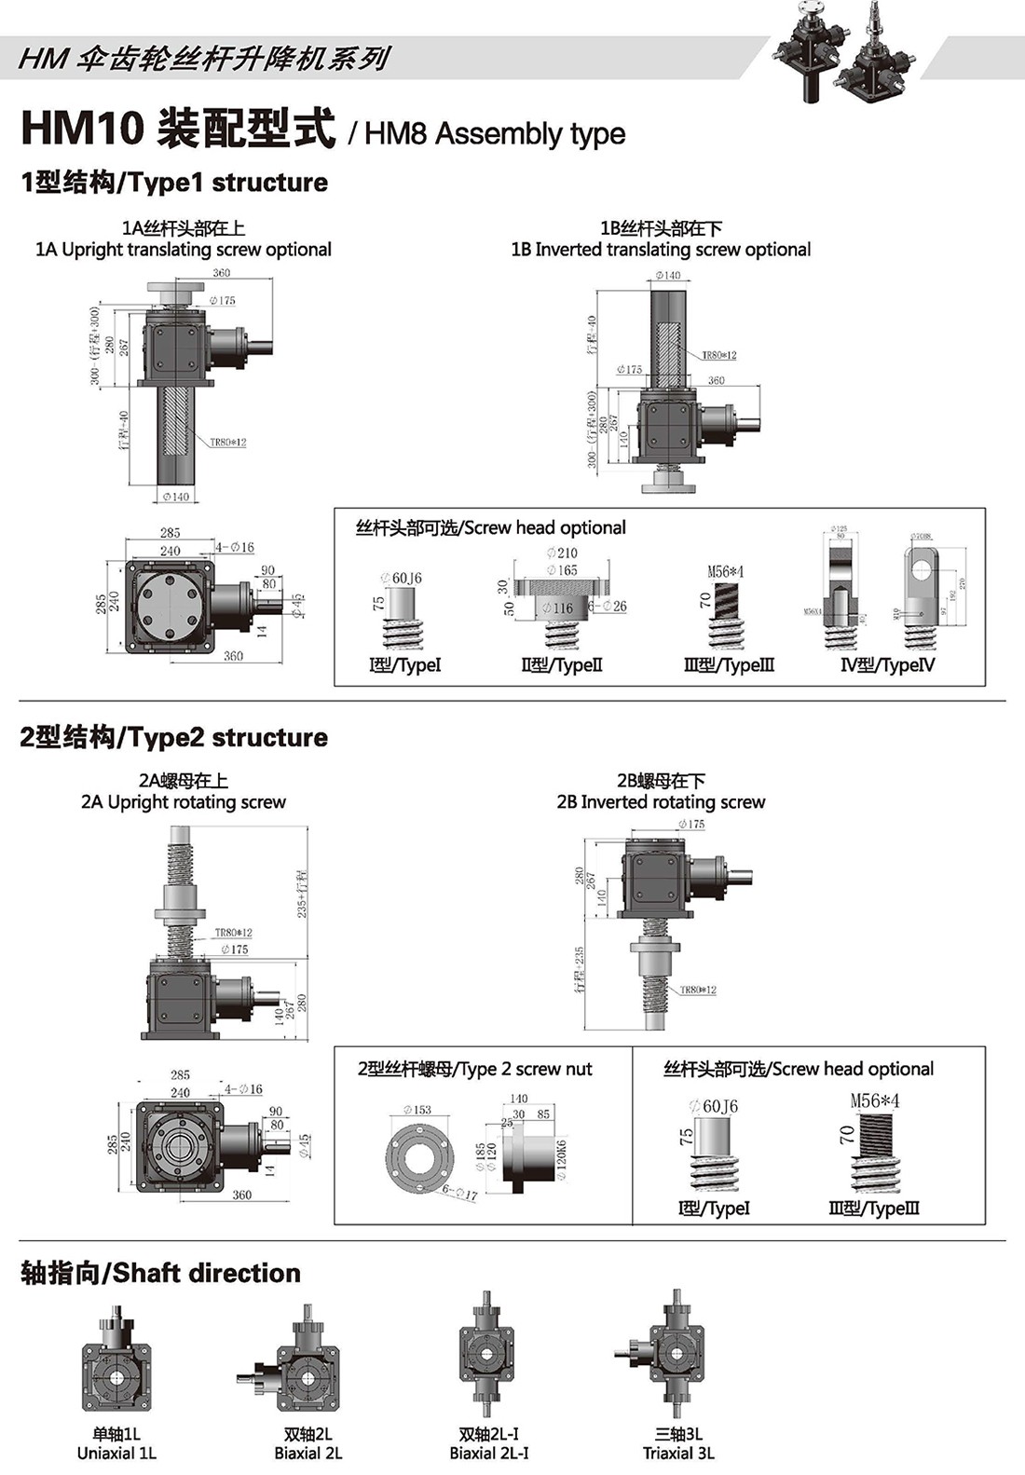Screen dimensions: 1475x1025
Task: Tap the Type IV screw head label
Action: pyautogui.click(x=887, y=665)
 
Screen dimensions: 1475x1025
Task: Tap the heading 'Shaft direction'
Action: pyautogui.click(x=160, y=1273)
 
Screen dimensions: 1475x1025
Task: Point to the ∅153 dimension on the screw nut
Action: pyautogui.click(x=417, y=1110)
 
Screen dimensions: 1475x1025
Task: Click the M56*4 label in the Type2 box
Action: pyautogui.click(x=875, y=1100)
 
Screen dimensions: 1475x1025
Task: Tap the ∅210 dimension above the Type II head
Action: pyautogui.click(x=562, y=553)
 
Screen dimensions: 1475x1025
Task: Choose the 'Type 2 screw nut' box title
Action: pyautogui.click(x=474, y=1069)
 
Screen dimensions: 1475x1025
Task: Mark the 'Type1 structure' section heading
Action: pyautogui.click(x=174, y=183)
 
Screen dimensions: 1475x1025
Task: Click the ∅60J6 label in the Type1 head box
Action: pyautogui.click(x=402, y=578)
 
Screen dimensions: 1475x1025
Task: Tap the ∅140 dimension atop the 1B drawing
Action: pyautogui.click(x=667, y=276)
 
